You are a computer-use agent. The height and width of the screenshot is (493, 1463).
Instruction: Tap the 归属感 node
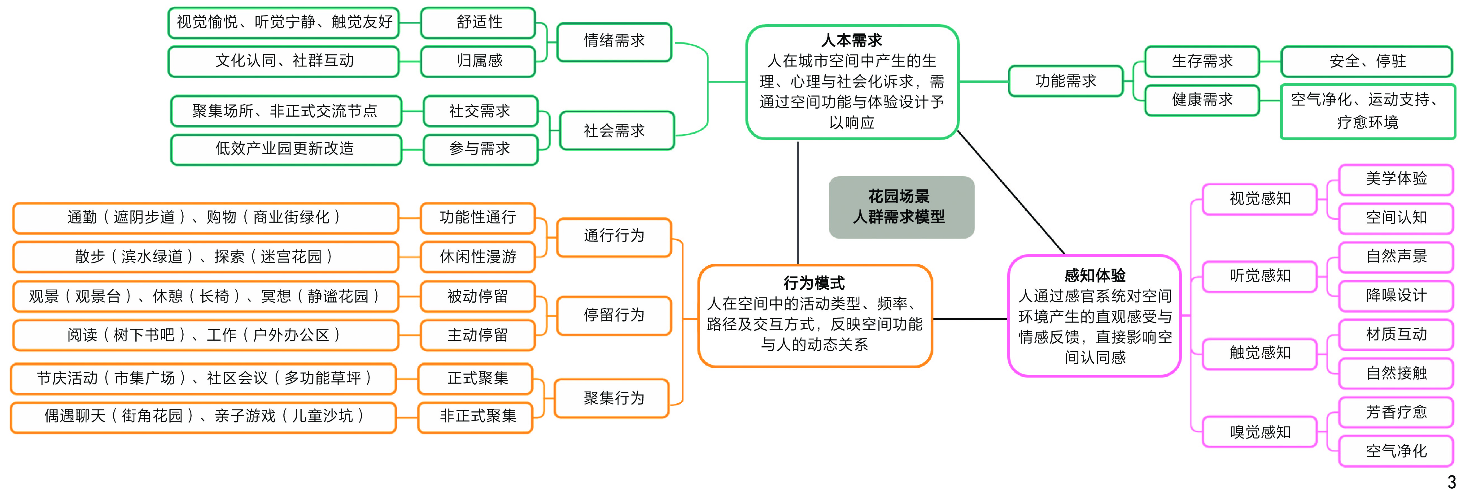tap(479, 61)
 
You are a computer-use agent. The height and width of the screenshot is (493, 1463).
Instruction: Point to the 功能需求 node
tap(1065, 81)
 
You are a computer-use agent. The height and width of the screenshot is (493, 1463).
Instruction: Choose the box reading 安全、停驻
tap(1366, 61)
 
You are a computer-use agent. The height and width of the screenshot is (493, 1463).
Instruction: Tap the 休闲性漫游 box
tap(478, 257)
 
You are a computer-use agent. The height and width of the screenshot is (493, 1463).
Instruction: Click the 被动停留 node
tap(478, 296)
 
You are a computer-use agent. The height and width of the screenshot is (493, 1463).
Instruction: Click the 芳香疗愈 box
tap(1396, 413)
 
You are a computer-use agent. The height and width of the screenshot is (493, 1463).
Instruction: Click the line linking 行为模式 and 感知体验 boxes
tap(970, 318)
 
